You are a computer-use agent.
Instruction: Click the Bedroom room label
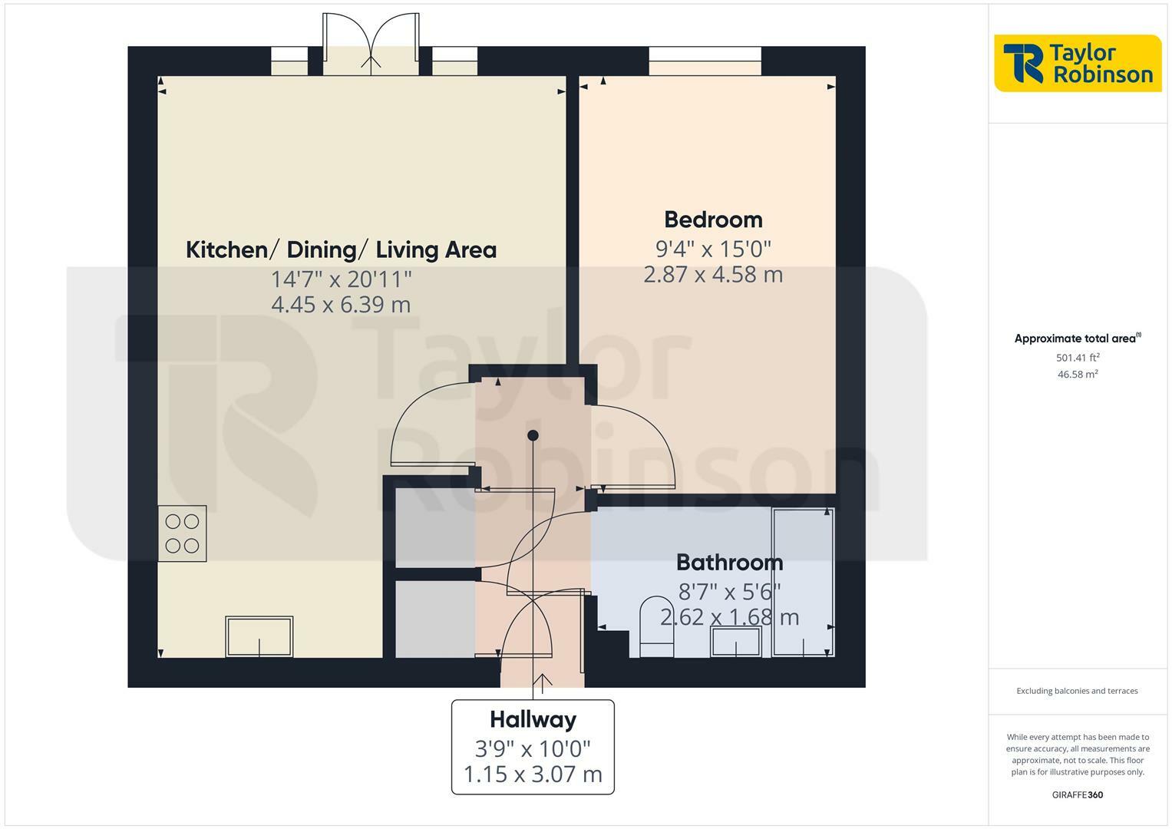[713, 220]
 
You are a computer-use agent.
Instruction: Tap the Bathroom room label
[729, 563]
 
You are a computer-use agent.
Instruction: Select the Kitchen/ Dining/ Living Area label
[341, 249]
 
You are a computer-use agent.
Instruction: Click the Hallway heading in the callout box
[533, 720]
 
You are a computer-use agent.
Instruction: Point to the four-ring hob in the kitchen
[182, 533]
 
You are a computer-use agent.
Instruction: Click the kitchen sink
[259, 636]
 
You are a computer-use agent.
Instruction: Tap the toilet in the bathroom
[656, 626]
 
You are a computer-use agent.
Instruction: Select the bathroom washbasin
[736, 642]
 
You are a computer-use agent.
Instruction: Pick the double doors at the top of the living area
[371, 45]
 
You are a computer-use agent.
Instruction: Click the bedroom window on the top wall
[705, 61]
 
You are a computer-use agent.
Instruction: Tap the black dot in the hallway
[533, 436]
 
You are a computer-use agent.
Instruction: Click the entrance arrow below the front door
[543, 682]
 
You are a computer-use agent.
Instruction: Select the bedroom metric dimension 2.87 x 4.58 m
[713, 275]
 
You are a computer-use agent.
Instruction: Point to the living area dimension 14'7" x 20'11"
[341, 278]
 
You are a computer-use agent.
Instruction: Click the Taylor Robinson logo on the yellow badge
[1078, 63]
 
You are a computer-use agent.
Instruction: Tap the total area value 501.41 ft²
[1078, 358]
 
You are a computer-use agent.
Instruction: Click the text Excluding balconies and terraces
[1077, 691]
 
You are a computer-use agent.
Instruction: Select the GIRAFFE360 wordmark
[1077, 795]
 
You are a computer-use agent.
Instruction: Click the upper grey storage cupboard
[434, 527]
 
